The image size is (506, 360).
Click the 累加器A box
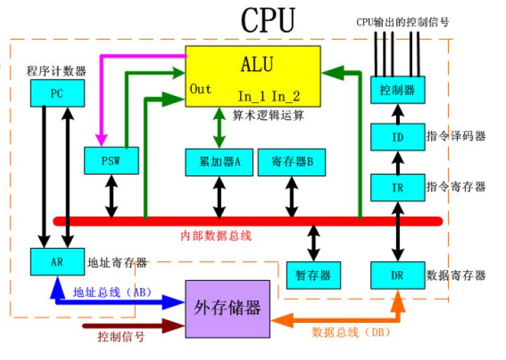(216, 161)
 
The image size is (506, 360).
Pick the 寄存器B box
(290, 161)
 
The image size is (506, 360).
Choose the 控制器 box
(397, 90)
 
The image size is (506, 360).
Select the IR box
(397, 187)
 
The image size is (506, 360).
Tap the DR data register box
(397, 275)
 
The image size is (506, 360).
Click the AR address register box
(57, 262)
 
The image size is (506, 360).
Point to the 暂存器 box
(314, 275)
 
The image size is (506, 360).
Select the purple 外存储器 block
(227, 307)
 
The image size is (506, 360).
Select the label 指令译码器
(455, 136)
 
